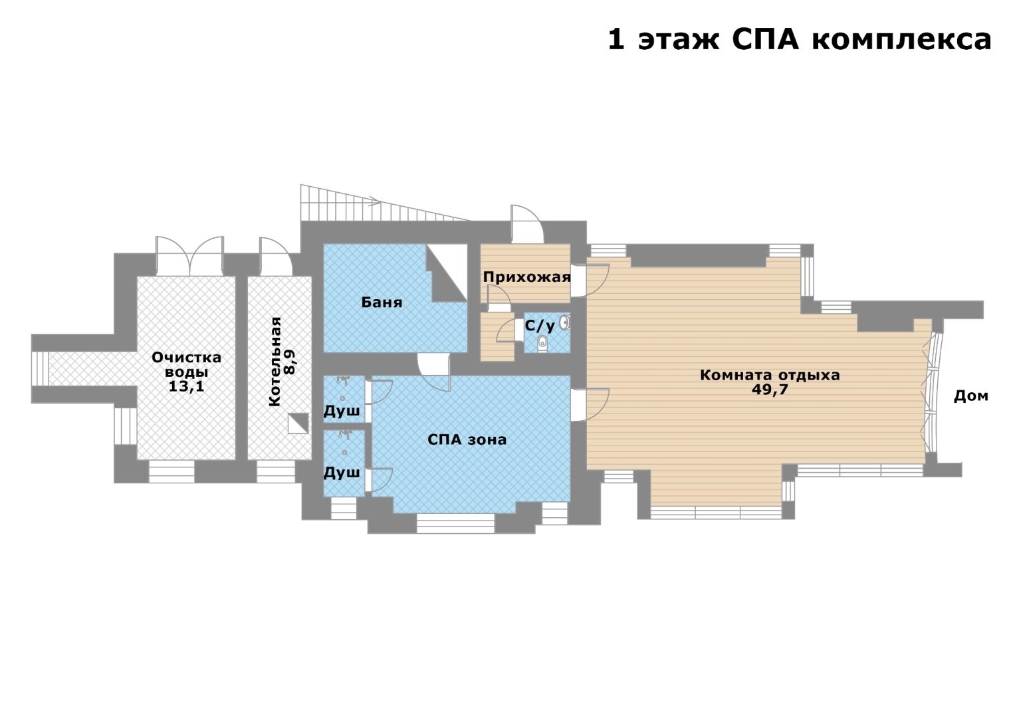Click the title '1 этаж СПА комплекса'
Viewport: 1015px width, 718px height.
[x=800, y=40]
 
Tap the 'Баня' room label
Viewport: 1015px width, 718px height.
[x=382, y=302]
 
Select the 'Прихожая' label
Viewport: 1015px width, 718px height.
[x=526, y=277]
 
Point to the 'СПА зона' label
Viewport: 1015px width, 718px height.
[x=467, y=439]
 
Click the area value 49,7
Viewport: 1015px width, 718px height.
[x=770, y=390]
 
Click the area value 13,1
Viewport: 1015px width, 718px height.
[x=186, y=386]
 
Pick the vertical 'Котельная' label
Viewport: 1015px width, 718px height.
[x=275, y=361]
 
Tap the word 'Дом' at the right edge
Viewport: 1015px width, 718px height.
[x=971, y=396]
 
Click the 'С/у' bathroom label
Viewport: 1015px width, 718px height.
[x=540, y=326]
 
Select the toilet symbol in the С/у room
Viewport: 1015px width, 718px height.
[x=542, y=344]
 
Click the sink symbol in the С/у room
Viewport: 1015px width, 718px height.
[x=564, y=322]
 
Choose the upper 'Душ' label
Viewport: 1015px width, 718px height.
[x=342, y=411]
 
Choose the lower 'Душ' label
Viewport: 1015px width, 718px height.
[x=342, y=473]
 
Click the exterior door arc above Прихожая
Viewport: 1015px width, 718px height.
[x=527, y=224]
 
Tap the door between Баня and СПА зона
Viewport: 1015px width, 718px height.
[x=433, y=372]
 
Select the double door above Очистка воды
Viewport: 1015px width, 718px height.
[x=190, y=256]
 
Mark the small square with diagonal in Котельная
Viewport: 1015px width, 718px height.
[x=298, y=423]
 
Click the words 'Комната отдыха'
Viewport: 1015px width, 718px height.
[x=770, y=376]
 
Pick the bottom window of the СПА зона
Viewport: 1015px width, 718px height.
[x=455, y=523]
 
